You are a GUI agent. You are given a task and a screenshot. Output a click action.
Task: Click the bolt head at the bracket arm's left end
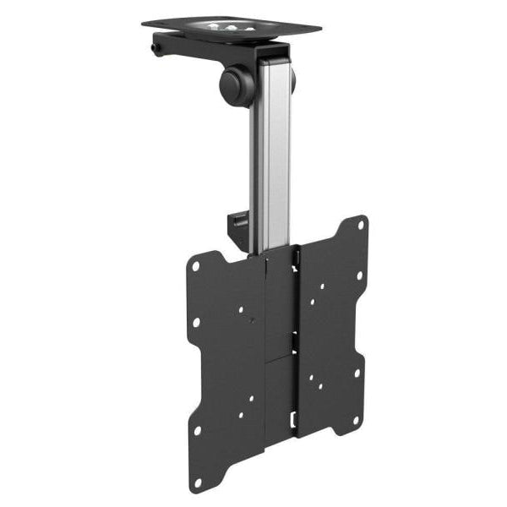(157, 49)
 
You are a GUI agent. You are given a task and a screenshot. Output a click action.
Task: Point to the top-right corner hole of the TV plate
(360, 226)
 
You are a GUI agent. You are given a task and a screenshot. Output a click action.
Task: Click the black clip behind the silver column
(236, 226)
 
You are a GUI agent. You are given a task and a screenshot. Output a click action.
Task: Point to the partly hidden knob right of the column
(292, 80)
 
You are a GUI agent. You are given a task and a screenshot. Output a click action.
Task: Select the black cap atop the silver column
(272, 56)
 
